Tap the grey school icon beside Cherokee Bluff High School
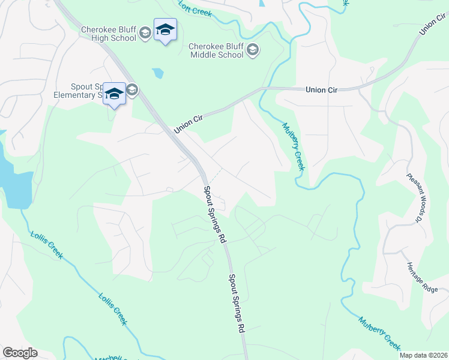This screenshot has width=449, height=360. [x=145, y=34]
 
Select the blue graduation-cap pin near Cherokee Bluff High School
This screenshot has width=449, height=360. [x=165, y=30]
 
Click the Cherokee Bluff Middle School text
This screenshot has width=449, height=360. [x=216, y=50]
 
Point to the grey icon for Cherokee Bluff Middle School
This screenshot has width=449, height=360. [x=253, y=50]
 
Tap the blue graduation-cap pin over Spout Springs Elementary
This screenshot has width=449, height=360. [x=114, y=94]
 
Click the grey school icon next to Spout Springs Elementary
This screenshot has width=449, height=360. [x=132, y=91]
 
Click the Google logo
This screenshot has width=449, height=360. [x=20, y=353]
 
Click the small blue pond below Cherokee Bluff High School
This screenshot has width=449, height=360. [x=157, y=74]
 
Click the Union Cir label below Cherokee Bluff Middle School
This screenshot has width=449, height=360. [x=322, y=89]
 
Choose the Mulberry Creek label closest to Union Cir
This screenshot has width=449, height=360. [x=294, y=146]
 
